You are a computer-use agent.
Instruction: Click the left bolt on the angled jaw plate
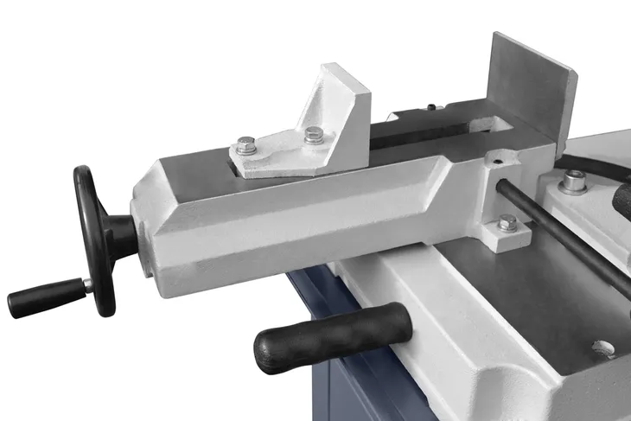(245, 144)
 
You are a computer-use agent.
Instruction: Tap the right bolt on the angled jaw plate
(315, 134)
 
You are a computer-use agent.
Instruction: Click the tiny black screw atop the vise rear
(430, 107)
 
